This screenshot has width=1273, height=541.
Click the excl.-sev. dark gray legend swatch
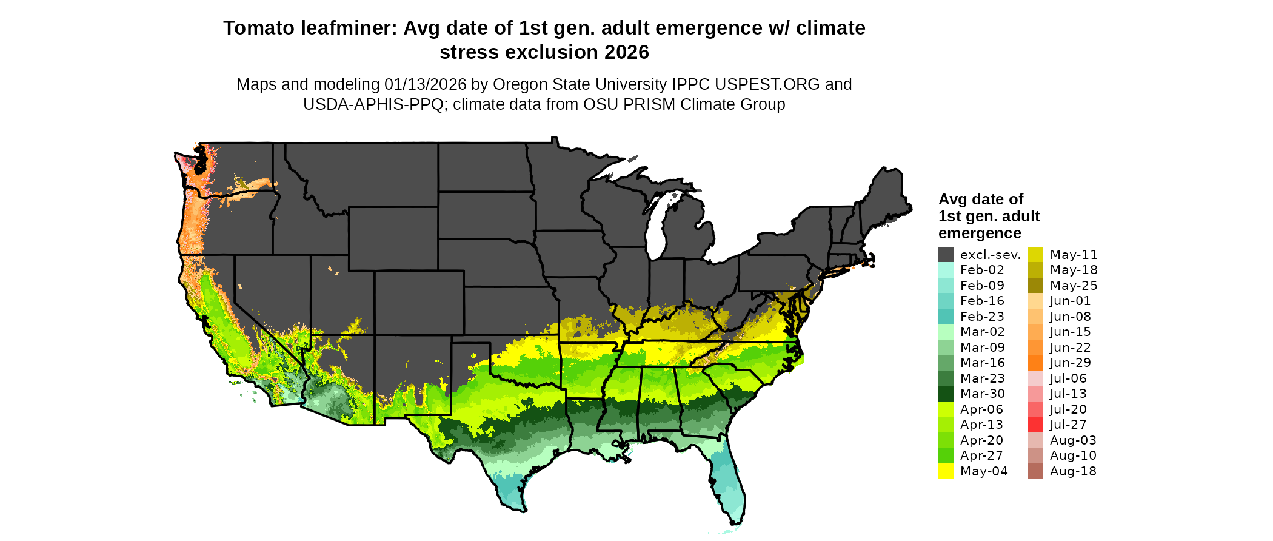946,255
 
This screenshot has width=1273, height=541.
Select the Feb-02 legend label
982,270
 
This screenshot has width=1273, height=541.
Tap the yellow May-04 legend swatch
946,471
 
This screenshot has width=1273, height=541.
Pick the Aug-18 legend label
1073,471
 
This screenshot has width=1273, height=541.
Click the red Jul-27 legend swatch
1035,425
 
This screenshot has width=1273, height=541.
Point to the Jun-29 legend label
1071,363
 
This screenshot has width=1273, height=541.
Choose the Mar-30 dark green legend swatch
946,394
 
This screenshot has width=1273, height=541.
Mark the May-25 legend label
1074,286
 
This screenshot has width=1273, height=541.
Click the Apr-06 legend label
981,409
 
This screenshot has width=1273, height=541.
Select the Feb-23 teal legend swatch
946,317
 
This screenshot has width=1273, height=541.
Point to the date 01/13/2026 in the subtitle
425,84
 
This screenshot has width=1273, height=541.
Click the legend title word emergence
980,234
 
